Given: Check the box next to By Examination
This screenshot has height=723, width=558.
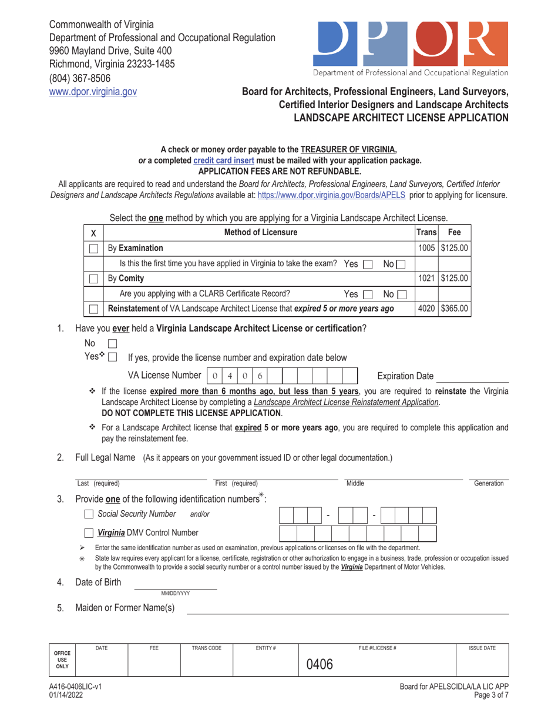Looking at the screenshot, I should tap(93, 249).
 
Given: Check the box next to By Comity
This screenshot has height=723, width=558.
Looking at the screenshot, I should tap(93, 278).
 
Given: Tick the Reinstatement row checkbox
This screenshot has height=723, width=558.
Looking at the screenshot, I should tap(93, 308).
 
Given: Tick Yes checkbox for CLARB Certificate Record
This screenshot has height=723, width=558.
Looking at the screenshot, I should tap(369, 293).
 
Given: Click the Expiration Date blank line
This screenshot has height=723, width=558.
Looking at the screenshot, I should tap(473, 376).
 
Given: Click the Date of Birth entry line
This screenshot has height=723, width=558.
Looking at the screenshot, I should tap(176, 584).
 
